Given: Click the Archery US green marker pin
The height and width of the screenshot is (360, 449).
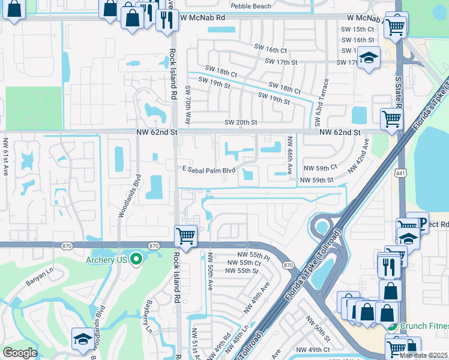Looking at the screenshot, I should click(x=136, y=259).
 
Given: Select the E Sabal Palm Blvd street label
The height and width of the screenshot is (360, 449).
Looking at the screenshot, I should click(x=209, y=170).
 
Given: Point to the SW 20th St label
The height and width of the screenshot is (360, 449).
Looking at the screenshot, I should click(x=241, y=122).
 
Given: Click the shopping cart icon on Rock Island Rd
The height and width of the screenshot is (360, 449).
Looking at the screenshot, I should click(x=186, y=235).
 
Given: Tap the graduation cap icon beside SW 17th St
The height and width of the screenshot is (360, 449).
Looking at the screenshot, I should click(x=369, y=58).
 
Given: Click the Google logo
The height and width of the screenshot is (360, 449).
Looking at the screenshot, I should click(x=20, y=353).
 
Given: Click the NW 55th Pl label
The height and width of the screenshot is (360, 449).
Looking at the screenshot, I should click(x=248, y=255).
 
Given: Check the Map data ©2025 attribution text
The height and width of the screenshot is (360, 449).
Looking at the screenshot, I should click(x=423, y=355).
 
